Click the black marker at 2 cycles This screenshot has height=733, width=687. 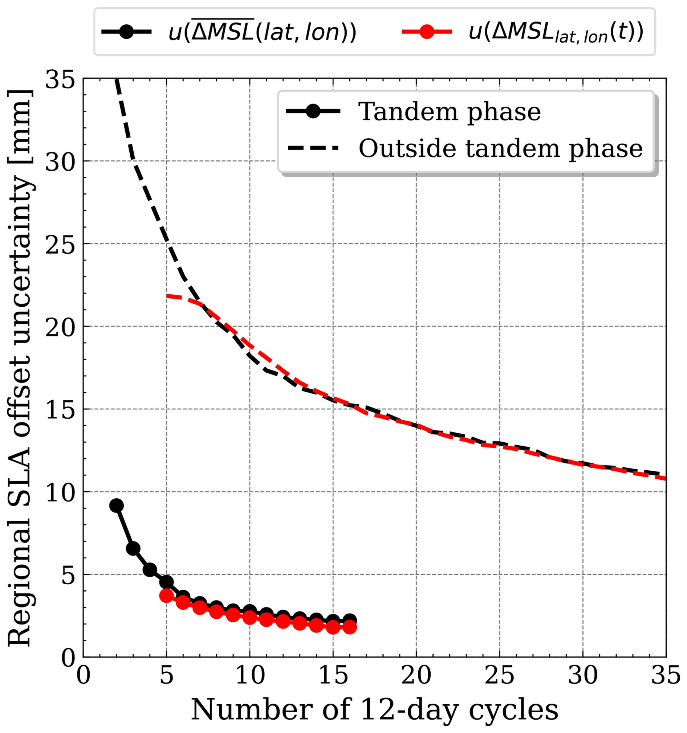pos(116,505)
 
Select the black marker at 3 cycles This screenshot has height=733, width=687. pos(133,548)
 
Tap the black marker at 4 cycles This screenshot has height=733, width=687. pos(150,570)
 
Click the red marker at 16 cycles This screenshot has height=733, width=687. pos(350,627)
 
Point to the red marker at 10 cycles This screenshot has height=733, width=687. pos(250,617)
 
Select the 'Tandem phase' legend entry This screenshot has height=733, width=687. pos(413,111)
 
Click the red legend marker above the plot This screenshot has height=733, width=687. pos(427,32)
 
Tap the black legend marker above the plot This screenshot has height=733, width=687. pos(127,32)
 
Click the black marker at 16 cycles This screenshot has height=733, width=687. pos(350,620)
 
